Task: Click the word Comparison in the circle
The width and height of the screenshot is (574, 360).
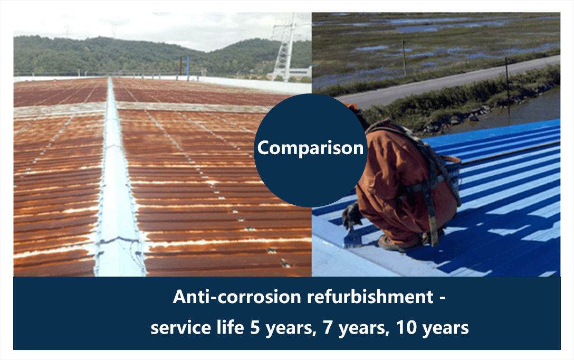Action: [310, 148]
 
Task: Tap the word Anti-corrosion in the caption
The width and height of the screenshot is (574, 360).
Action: [237, 296]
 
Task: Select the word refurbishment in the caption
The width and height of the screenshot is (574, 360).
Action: [370, 296]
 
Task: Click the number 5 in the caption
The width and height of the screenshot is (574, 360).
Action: [255, 327]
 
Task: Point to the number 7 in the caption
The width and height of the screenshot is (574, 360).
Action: [327, 327]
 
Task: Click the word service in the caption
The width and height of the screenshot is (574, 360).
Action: [181, 327]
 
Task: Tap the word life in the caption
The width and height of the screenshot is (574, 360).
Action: [230, 327]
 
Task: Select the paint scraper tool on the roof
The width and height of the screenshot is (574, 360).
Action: [352, 238]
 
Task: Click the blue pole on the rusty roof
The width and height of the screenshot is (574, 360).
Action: [188, 68]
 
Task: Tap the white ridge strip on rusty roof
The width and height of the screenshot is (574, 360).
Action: [117, 183]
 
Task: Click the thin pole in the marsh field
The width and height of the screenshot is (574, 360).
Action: [404, 59]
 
